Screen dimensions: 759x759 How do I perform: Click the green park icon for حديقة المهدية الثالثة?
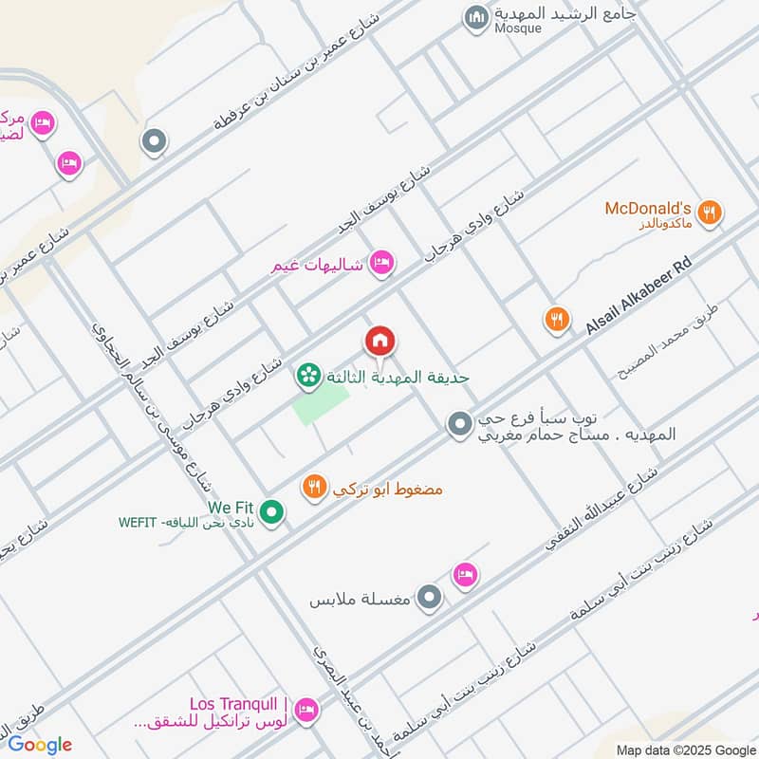point(308,377)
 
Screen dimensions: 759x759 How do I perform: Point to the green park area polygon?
point(320,406)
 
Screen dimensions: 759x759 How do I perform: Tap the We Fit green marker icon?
point(272,513)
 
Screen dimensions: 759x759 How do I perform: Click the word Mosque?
point(518,28)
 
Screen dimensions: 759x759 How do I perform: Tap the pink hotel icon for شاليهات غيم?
point(381,264)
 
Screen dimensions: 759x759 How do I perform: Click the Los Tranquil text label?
point(238,704)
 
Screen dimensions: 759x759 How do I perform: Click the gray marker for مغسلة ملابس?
point(430,598)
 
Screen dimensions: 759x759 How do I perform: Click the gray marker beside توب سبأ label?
point(460,424)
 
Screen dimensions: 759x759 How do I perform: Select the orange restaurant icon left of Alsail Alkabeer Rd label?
point(557,320)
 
